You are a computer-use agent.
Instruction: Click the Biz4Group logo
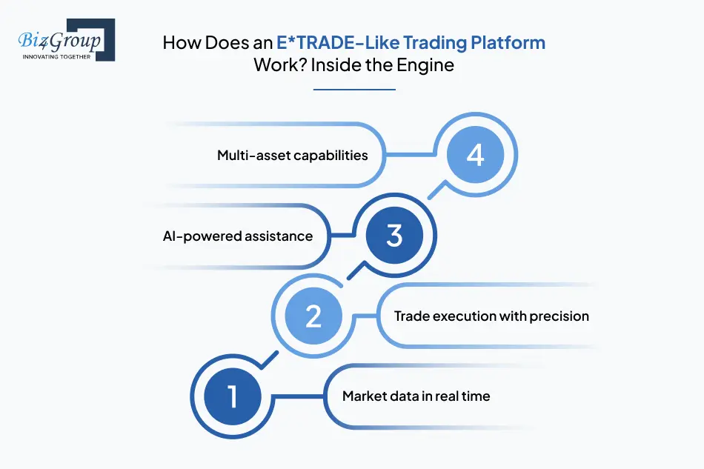(x=67, y=40)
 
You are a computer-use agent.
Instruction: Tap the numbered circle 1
(x=233, y=396)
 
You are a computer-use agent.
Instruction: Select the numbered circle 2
(x=313, y=316)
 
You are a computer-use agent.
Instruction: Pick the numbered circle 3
(x=394, y=235)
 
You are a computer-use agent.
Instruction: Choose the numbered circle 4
(x=476, y=155)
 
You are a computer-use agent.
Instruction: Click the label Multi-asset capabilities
(x=292, y=156)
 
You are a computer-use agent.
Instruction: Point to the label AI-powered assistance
(x=238, y=236)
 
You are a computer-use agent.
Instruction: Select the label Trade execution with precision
(x=491, y=316)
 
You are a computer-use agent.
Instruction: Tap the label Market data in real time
(x=416, y=396)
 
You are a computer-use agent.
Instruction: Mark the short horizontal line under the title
(x=354, y=90)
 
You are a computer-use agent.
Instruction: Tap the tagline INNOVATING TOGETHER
(x=56, y=57)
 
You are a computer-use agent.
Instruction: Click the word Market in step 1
(x=364, y=396)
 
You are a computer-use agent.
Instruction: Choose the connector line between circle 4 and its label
(x=410, y=155)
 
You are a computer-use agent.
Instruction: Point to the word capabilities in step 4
(x=331, y=156)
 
